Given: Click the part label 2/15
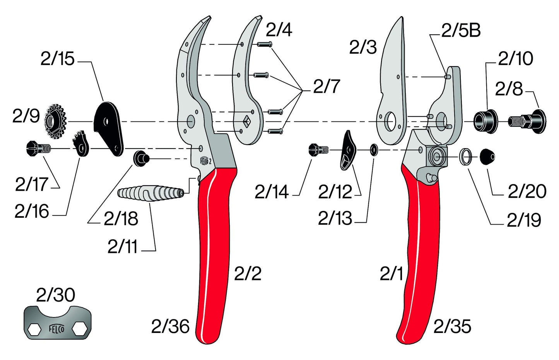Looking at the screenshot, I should (57, 59).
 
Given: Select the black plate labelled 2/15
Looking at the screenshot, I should (108, 127).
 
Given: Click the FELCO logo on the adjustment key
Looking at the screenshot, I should (56, 329).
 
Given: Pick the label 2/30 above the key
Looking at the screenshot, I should (55, 295).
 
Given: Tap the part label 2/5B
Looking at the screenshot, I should (461, 30).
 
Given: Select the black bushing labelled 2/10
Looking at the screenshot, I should (485, 121).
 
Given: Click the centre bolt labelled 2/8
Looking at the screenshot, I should (528, 121).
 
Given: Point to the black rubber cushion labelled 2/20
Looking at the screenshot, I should (487, 156).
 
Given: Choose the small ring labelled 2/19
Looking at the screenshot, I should (466, 156).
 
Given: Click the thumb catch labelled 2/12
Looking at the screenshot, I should (349, 150).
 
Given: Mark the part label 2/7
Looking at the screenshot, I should (326, 87).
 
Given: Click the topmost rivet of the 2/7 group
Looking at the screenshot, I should (264, 44).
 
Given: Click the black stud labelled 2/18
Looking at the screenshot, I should (142, 159).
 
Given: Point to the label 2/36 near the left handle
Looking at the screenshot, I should (170, 326).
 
